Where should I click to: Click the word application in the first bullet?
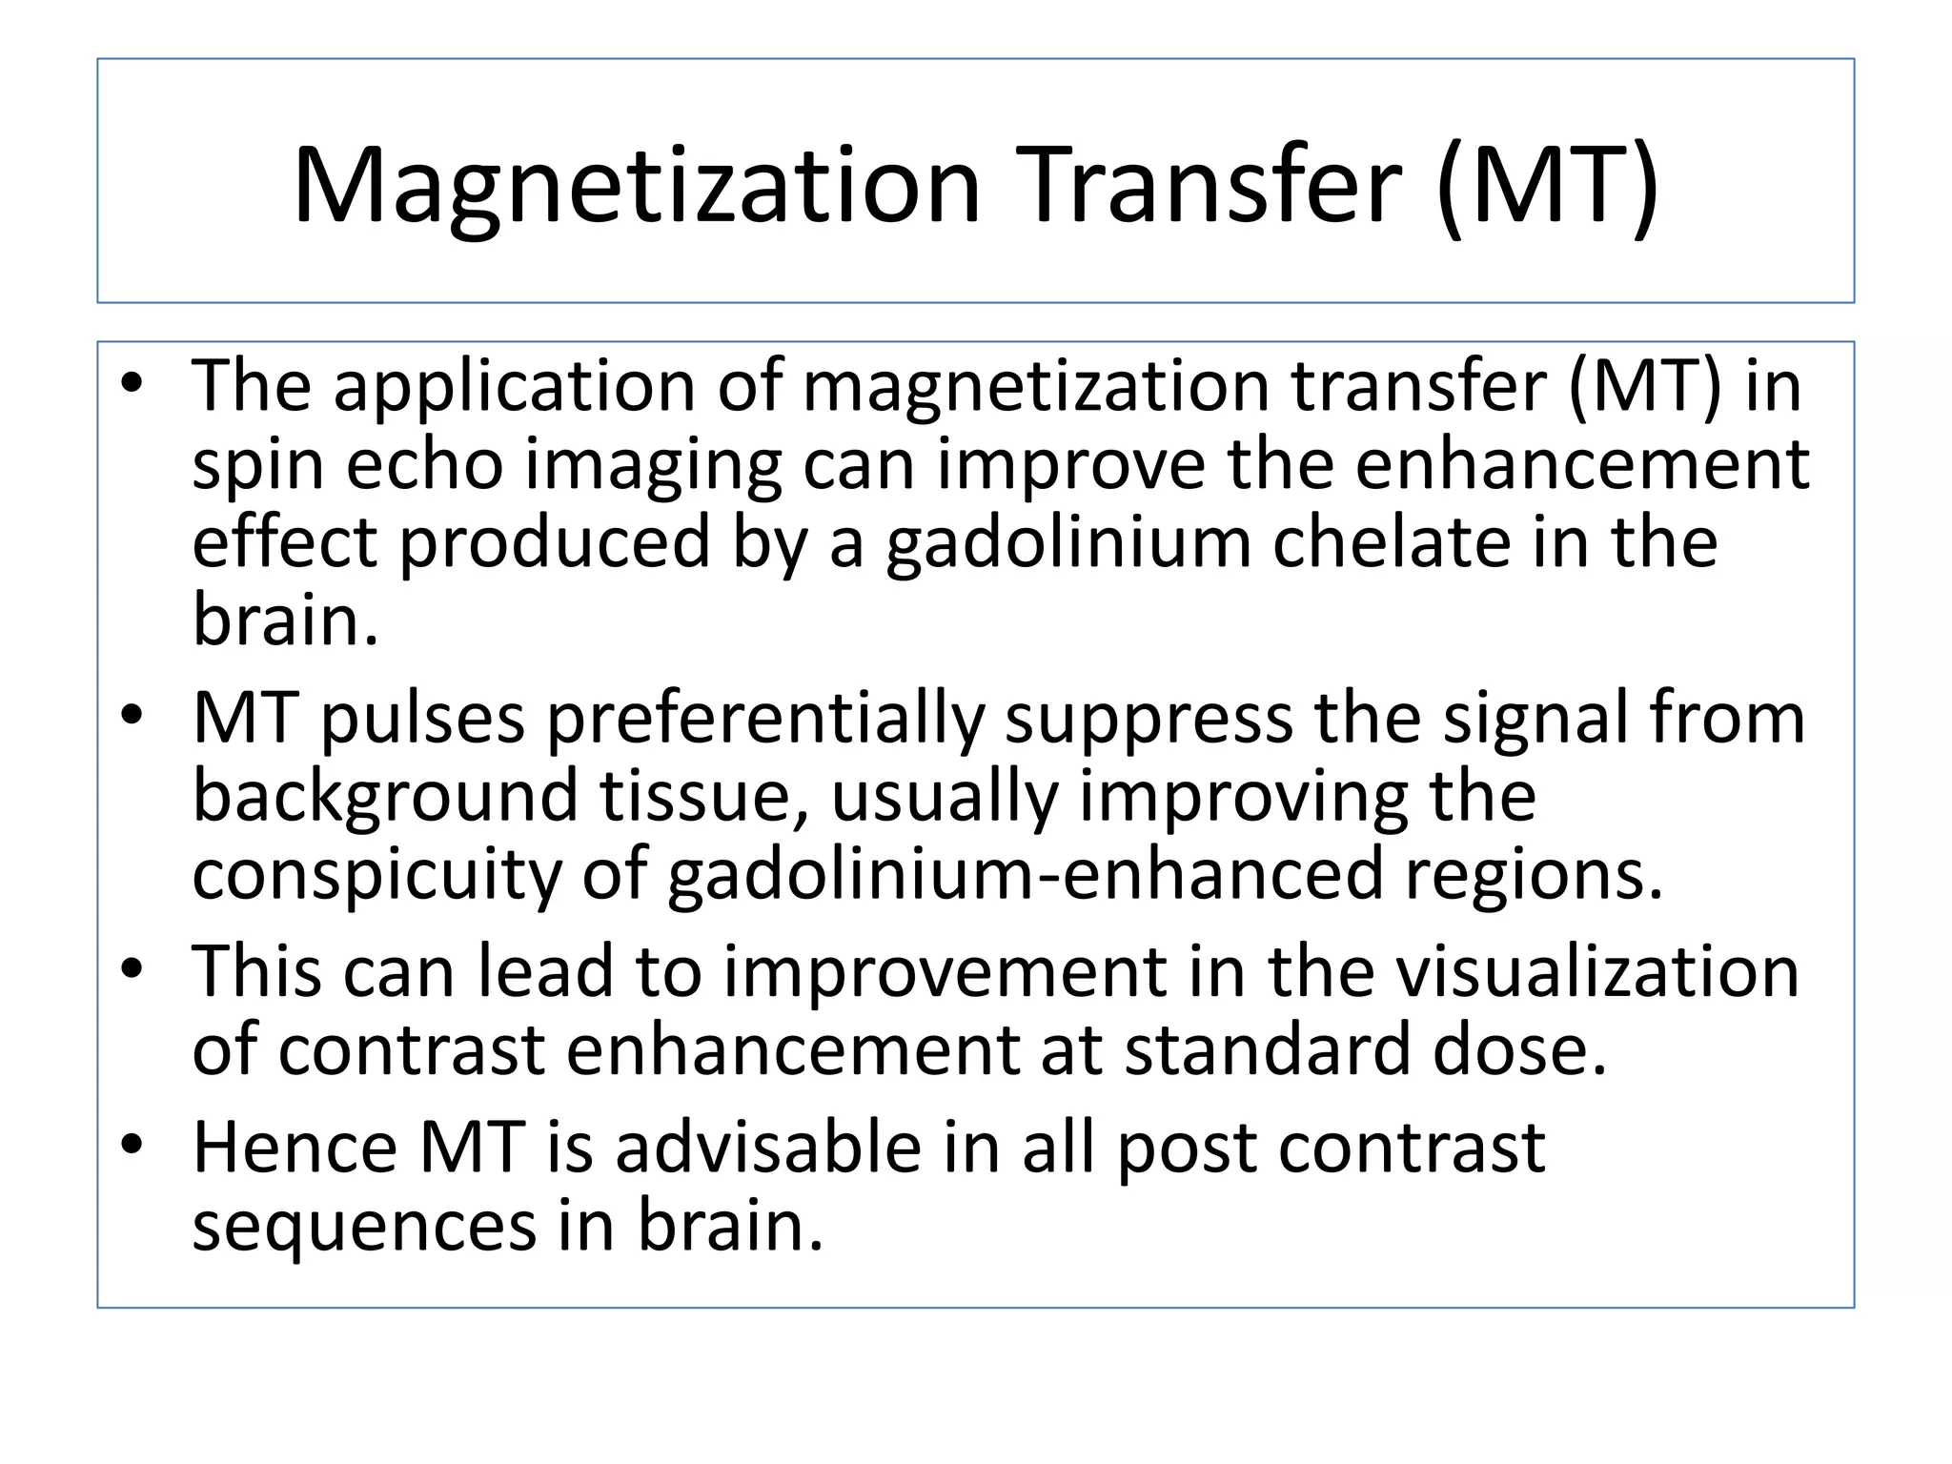(515, 389)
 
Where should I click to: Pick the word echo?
(423, 467)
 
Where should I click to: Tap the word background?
(385, 799)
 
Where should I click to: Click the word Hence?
(295, 1148)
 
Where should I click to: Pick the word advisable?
(768, 1148)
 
